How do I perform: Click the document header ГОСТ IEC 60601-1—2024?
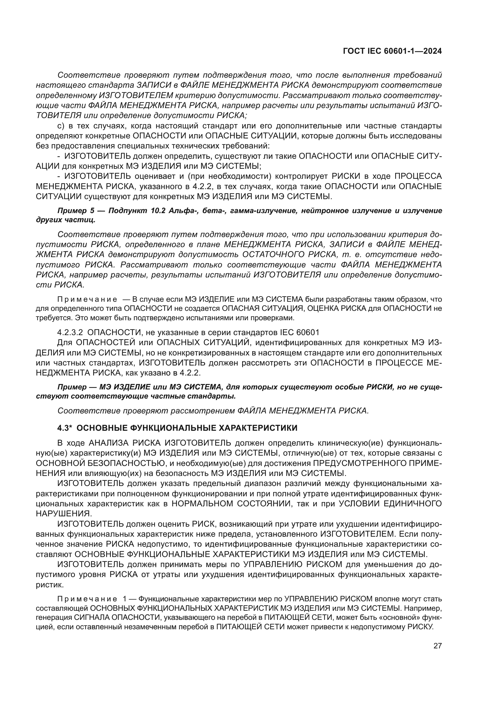click(392, 51)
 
